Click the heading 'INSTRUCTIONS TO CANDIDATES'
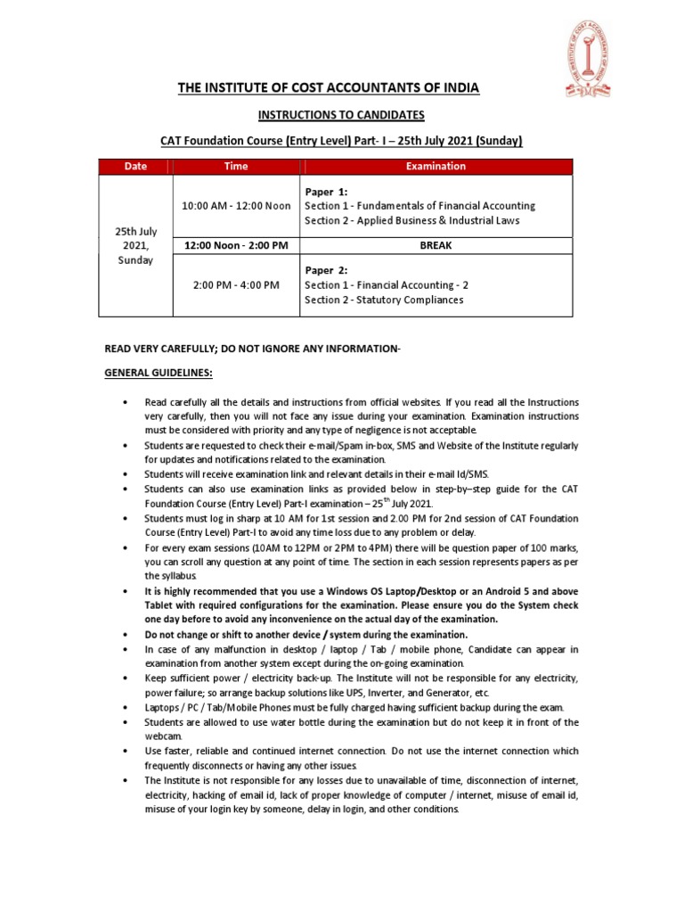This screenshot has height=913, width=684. [x=341, y=115]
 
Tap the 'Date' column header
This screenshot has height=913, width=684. [x=136, y=166]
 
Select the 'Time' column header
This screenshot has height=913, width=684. [x=236, y=166]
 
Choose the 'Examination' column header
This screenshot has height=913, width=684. [x=436, y=166]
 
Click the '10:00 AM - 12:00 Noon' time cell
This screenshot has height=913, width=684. [x=236, y=206]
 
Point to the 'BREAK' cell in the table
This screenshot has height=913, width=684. [x=436, y=245]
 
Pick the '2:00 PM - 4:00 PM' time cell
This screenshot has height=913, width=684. [x=236, y=285]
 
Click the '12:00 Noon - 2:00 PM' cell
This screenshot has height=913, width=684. [x=236, y=245]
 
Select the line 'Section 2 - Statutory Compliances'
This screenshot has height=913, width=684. [x=384, y=300]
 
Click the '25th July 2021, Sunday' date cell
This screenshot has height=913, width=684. [x=136, y=246]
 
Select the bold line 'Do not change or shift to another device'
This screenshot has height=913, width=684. [x=305, y=634]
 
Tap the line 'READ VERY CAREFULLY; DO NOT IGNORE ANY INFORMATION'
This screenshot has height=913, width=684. [x=253, y=348]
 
